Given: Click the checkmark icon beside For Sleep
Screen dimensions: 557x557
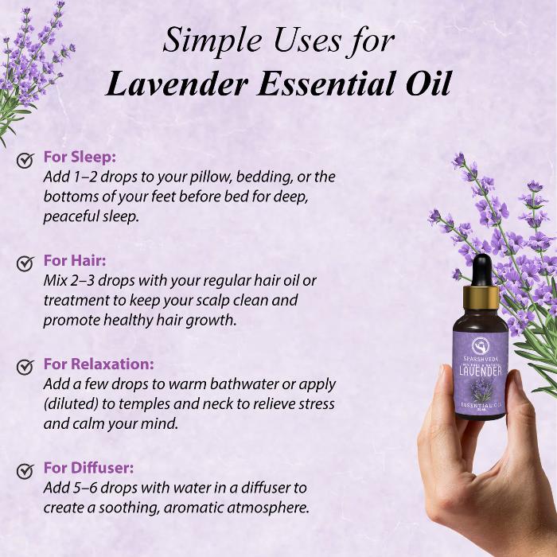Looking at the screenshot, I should [25, 160].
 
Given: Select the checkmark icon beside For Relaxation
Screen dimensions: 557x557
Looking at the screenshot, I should [25, 366].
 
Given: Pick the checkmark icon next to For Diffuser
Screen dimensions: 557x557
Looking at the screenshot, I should [25, 470].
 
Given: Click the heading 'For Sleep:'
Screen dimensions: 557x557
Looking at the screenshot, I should [80, 158].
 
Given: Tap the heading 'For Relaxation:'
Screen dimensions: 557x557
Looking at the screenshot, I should [99, 364].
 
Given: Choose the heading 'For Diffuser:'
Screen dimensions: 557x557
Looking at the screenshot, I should [88, 468].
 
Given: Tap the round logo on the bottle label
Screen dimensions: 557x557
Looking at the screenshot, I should [481, 345].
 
